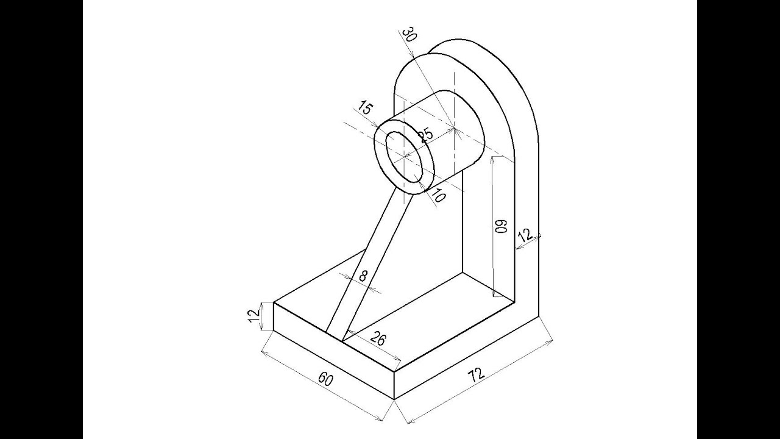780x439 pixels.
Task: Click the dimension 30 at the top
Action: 409,34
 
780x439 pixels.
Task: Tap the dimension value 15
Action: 364,108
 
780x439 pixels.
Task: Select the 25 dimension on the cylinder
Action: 425,135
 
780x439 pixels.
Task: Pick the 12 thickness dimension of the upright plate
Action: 526,235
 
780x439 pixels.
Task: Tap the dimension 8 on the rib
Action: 363,276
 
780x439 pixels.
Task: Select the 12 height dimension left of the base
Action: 255,316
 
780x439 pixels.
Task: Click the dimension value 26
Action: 377,338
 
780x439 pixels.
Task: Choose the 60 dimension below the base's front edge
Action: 326,379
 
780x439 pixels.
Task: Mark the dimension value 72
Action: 477,374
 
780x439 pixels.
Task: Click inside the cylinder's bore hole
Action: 404,157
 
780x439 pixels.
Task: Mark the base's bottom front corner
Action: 394,399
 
